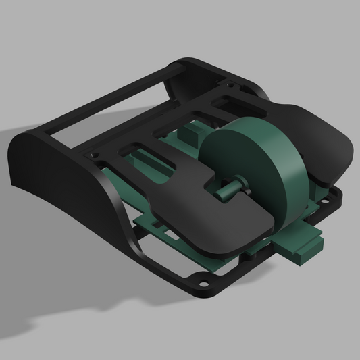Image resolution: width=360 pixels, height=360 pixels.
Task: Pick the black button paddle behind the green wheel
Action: (x=317, y=142)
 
